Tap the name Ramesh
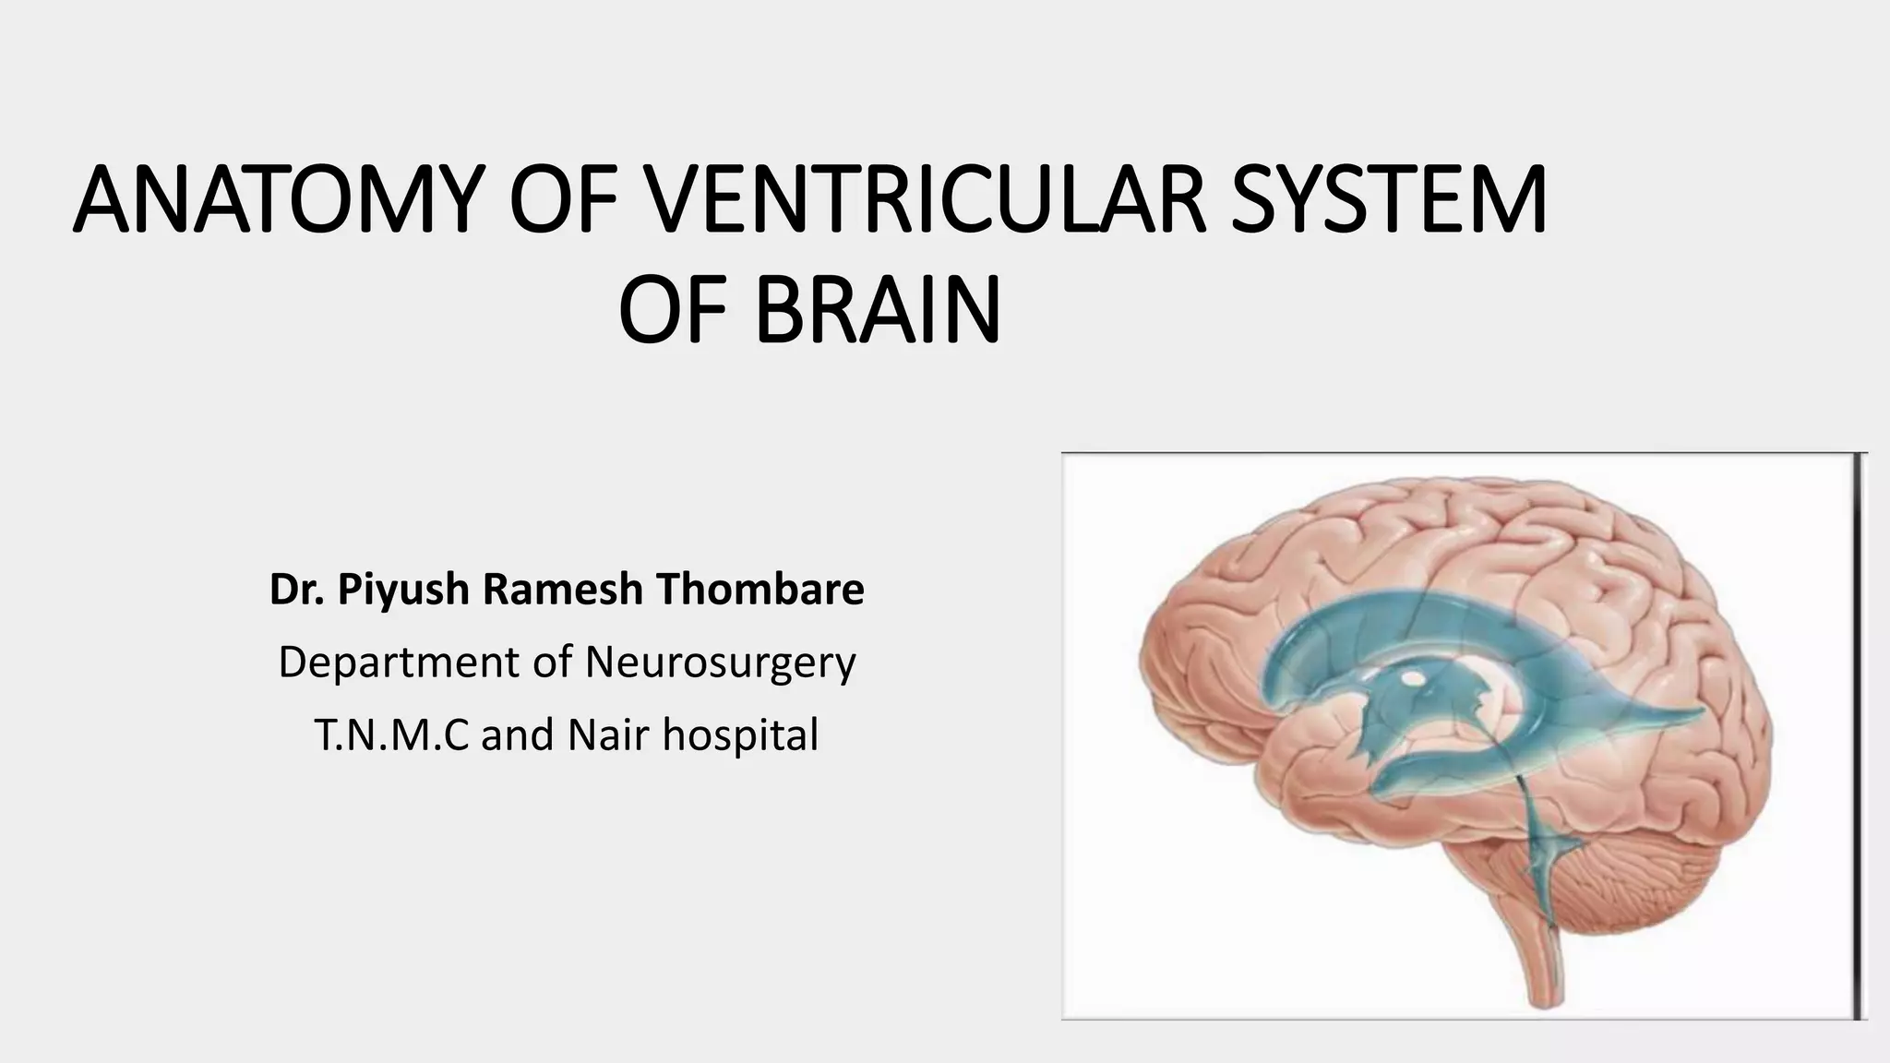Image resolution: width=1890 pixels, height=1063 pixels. point(562,590)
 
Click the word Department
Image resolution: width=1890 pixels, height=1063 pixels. point(398,663)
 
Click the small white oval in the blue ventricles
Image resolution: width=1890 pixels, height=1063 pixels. point(1411,680)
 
